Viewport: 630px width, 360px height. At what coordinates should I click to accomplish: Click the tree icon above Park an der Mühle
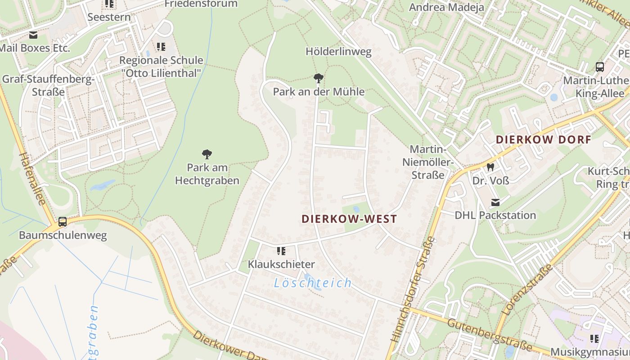[318, 78]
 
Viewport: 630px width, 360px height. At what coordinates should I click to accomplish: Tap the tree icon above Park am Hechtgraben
[207, 154]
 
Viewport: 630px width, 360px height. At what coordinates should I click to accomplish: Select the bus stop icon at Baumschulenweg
[63, 222]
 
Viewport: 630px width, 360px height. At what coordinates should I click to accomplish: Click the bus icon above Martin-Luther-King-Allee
[600, 67]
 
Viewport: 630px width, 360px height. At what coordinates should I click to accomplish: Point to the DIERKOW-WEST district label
[349, 219]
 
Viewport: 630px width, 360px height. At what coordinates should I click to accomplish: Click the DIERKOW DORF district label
[543, 139]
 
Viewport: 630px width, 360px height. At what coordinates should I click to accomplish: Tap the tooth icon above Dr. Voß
[490, 167]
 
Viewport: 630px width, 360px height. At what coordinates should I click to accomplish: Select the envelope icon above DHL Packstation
[495, 202]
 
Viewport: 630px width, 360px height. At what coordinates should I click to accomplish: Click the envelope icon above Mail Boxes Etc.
[33, 35]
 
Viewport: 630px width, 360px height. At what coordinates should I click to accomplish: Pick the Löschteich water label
[313, 283]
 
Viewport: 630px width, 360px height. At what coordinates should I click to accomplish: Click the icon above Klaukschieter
[281, 251]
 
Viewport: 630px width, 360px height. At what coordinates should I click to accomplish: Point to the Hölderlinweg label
[338, 52]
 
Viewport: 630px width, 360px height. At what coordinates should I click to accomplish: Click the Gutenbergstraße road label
[490, 335]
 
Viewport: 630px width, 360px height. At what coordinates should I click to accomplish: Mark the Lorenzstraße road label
[527, 290]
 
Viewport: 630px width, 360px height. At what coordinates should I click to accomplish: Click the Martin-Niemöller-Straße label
[429, 162]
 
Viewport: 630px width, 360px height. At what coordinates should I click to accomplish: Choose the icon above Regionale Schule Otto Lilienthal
[161, 46]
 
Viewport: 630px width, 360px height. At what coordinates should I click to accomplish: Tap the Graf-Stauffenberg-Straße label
[48, 85]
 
